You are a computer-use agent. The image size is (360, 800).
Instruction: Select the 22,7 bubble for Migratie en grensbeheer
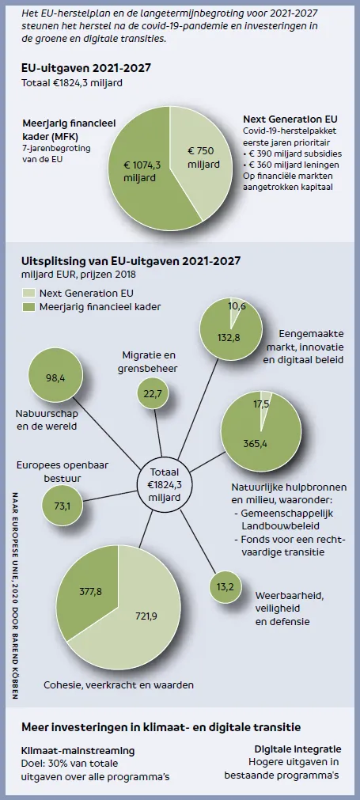pos(153,392)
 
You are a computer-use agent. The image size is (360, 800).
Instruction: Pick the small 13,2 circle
pos(225,586)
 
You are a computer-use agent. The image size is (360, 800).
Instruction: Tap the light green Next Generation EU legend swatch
pos(28,294)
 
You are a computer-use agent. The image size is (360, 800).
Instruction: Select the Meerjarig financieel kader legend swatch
pos(28,307)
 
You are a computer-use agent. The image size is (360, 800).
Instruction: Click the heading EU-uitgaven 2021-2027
pos(86,68)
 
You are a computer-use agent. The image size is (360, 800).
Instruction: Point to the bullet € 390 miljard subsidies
pos(293,154)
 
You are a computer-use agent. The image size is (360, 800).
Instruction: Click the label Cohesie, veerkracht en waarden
pos(119,684)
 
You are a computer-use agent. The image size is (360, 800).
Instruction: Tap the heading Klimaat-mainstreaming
pos(78,750)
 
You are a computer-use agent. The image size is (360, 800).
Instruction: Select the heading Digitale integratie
pos(297,749)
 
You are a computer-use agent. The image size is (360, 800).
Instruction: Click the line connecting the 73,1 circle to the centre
pos(110,495)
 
